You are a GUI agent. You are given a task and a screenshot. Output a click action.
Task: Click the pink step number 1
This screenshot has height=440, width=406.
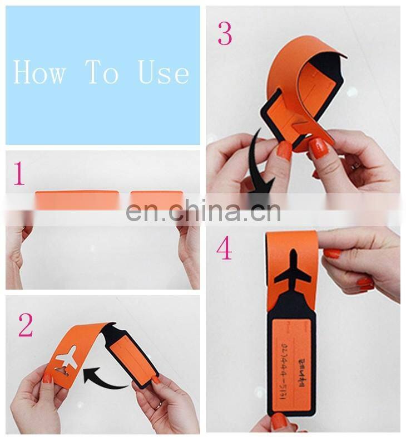(x=19, y=174)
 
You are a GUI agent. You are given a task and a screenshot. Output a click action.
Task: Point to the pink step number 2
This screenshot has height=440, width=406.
(x=26, y=326)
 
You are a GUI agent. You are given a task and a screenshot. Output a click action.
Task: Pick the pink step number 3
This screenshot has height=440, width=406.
(x=225, y=34)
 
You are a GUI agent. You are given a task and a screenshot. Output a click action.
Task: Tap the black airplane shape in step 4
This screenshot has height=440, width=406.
(x=293, y=270)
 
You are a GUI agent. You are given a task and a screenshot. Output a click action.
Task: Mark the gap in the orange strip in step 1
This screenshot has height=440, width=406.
(x=125, y=199)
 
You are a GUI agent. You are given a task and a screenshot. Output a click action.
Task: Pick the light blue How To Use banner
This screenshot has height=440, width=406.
(x=103, y=75)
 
